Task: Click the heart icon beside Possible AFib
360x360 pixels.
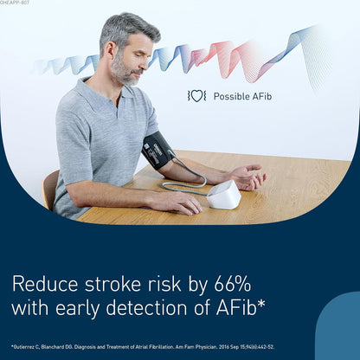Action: click(x=197, y=96)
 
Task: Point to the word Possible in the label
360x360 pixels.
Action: click(x=230, y=96)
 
